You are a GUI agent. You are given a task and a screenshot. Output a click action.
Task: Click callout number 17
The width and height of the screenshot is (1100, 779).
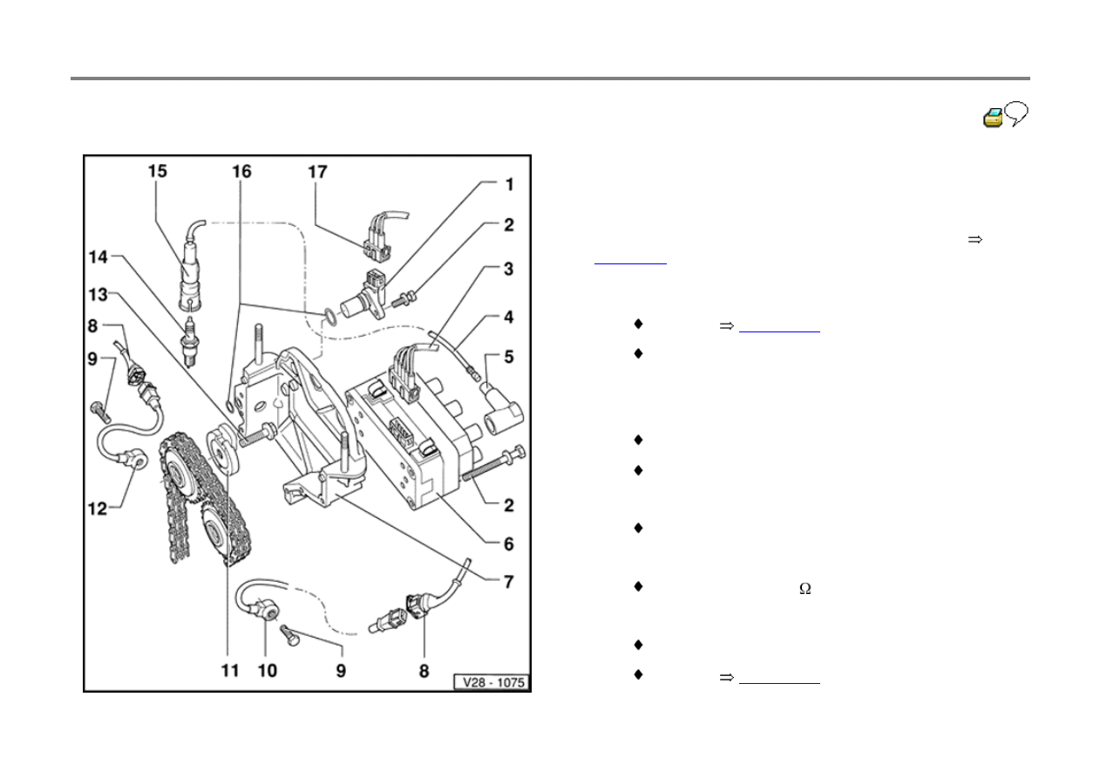pyautogui.click(x=317, y=172)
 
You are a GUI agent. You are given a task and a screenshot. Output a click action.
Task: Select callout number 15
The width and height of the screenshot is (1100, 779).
pyautogui.click(x=156, y=172)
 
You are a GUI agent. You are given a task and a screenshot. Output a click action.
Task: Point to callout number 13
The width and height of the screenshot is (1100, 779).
pyautogui.click(x=99, y=294)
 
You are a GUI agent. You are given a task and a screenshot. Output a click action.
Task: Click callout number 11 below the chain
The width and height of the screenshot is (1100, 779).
pyautogui.click(x=228, y=672)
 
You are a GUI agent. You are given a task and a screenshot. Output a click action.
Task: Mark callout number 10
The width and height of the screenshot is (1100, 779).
pyautogui.click(x=269, y=672)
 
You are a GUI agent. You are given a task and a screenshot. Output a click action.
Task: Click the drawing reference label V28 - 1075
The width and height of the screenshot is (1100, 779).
pyautogui.click(x=492, y=683)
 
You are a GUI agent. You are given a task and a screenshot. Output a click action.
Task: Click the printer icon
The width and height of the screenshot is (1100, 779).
pyautogui.click(x=993, y=118)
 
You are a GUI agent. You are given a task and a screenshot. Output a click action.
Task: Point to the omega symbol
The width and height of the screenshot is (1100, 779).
pyautogui.click(x=805, y=589)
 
